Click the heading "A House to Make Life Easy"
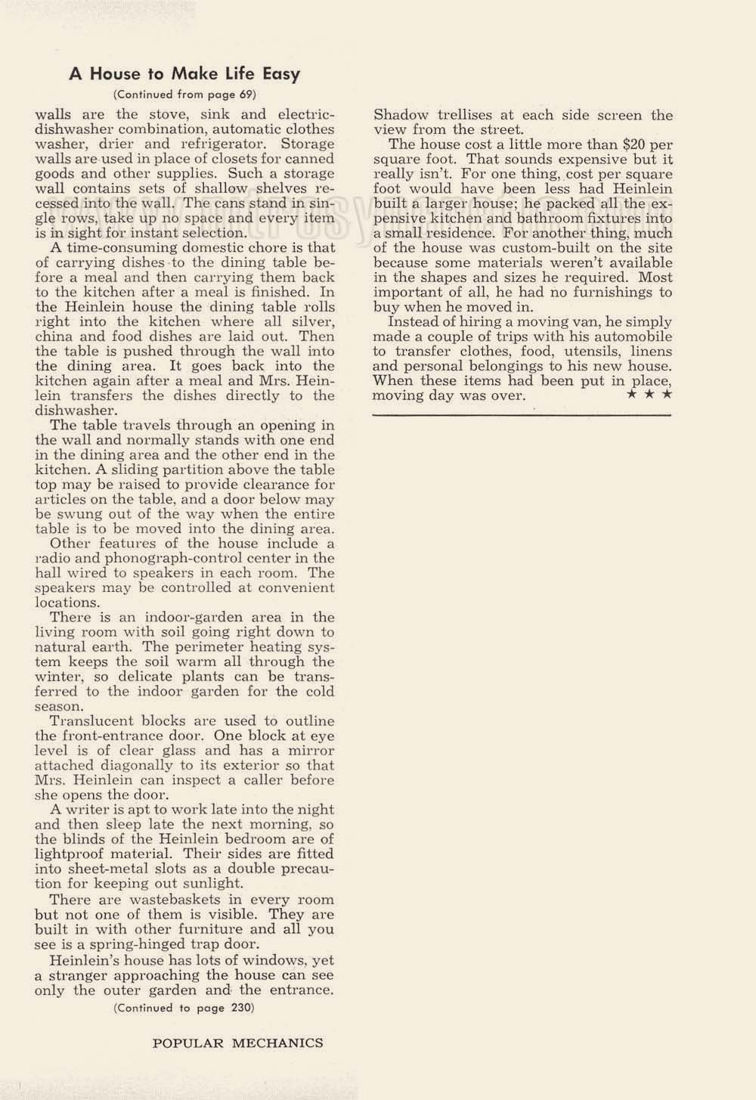click(184, 74)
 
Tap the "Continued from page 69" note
click(184, 95)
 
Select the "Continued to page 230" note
click(184, 1008)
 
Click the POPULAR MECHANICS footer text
click(238, 1043)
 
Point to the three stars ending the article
click(649, 395)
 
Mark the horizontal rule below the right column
click(522, 415)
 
